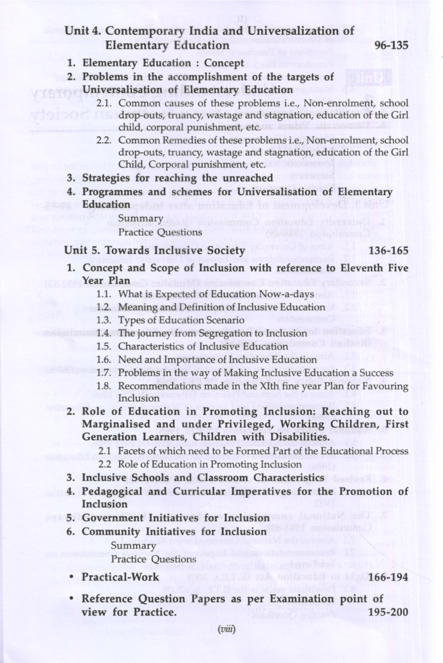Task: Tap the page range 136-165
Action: click(388, 250)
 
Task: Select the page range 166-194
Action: click(388, 577)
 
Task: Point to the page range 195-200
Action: click(388, 612)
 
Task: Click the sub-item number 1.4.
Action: click(104, 334)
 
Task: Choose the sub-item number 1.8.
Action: click(104, 386)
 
